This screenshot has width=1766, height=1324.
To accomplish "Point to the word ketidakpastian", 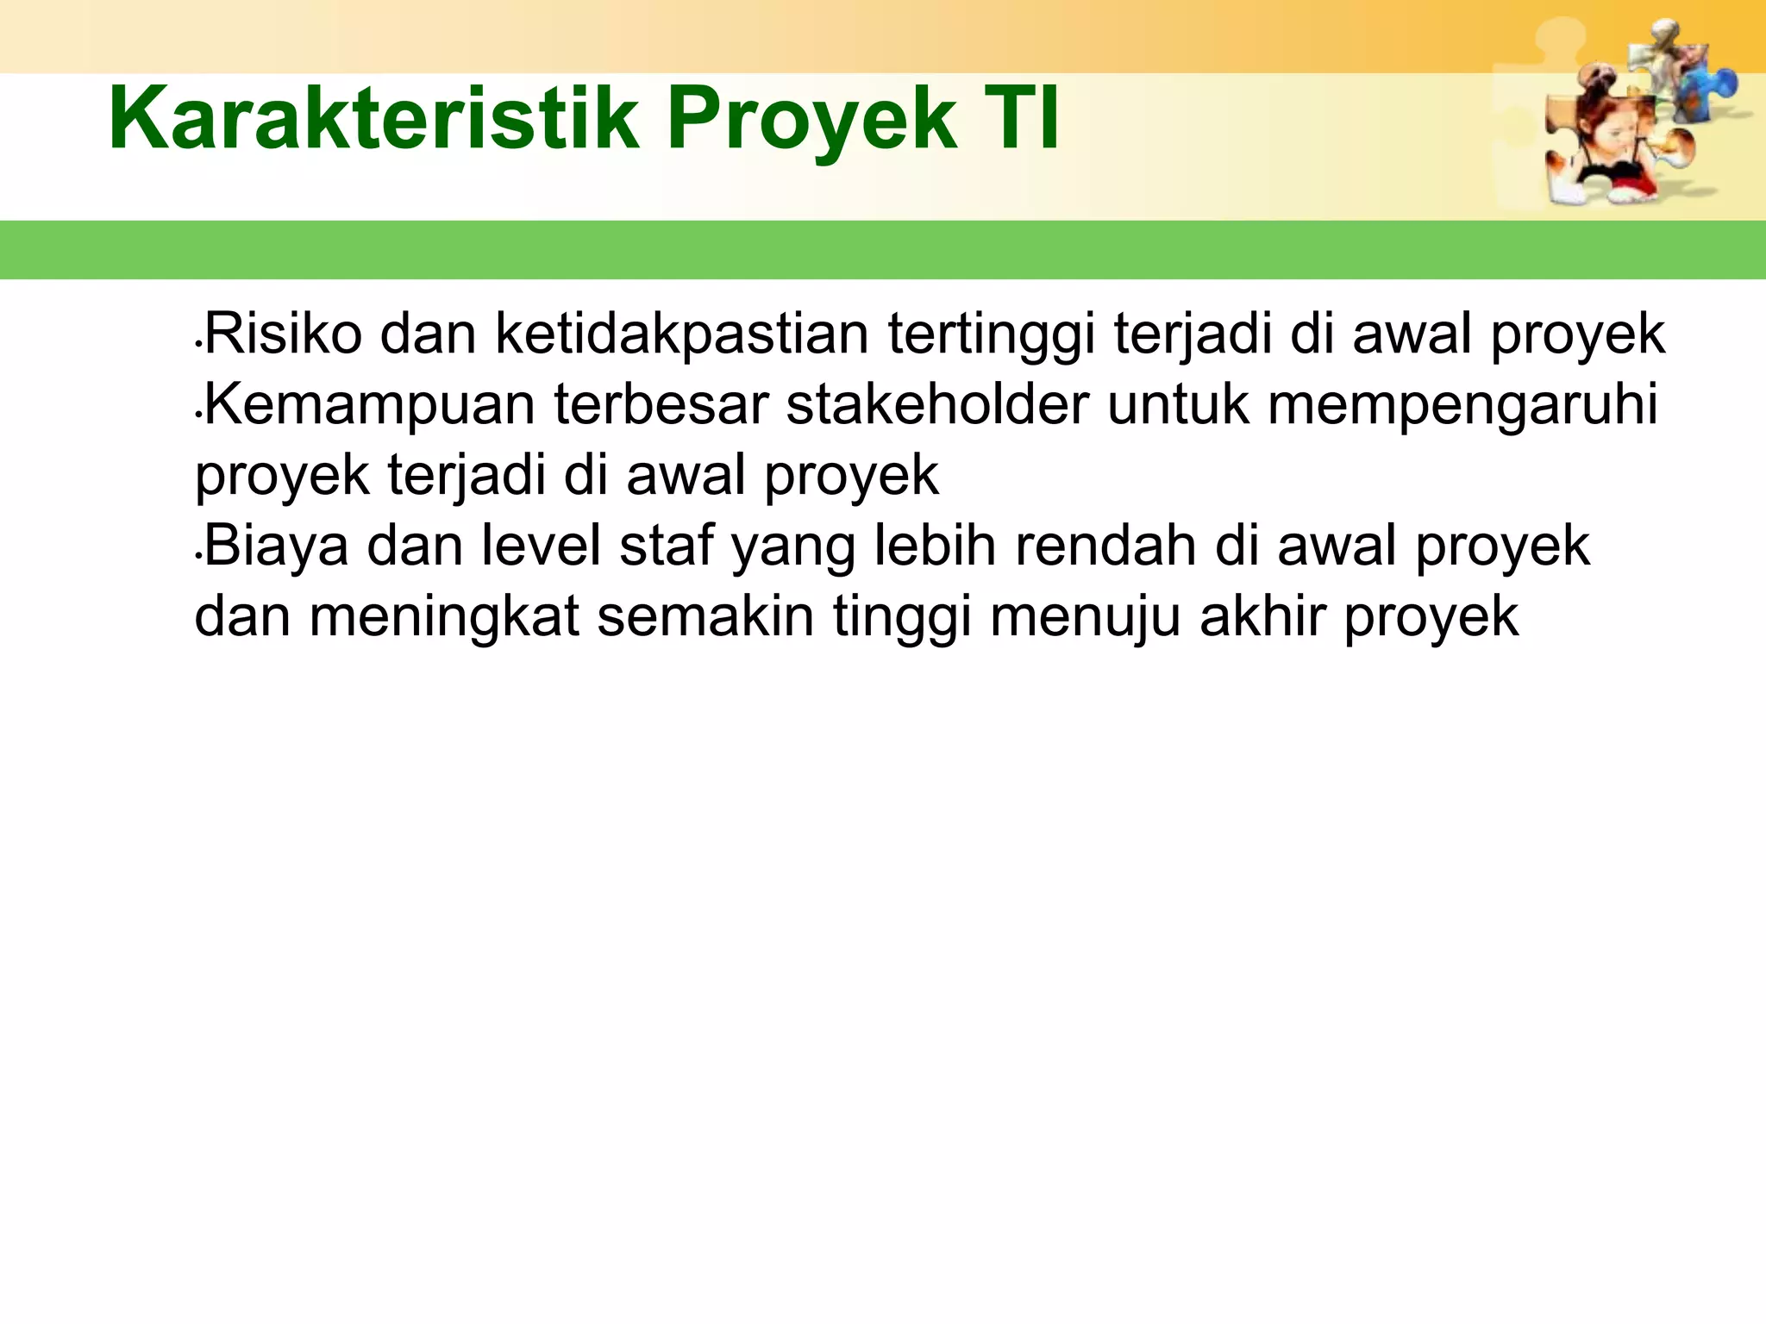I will (681, 335).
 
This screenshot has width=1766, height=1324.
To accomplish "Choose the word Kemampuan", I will (369, 405).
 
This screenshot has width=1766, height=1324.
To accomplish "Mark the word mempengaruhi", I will (1462, 405).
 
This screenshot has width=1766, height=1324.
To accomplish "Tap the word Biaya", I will (276, 547).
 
